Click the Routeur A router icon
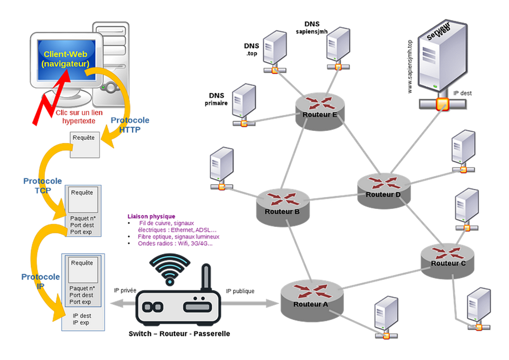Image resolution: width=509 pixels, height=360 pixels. [x=311, y=301]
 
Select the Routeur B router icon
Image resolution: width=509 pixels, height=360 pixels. [x=282, y=208]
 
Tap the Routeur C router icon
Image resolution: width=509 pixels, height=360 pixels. [x=447, y=261]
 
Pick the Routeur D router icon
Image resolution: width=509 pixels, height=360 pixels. [x=384, y=191]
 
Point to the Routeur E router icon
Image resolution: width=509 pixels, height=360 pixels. [x=319, y=112]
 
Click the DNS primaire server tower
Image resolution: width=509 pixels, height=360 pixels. [x=244, y=104]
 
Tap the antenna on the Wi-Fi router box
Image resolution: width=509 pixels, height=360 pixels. [x=206, y=277]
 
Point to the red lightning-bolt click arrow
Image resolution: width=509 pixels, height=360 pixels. [x=51, y=97]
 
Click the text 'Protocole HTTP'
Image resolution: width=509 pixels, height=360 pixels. [x=130, y=125]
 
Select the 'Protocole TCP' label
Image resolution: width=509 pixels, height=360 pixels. [x=42, y=186]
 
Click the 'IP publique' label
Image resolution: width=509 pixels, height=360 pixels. [x=240, y=291]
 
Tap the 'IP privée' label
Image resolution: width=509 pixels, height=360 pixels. [x=125, y=290]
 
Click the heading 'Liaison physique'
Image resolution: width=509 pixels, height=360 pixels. [x=151, y=217]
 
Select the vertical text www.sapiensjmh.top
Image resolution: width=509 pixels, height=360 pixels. [x=410, y=67]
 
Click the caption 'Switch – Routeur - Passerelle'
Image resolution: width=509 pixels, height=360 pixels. [x=179, y=334]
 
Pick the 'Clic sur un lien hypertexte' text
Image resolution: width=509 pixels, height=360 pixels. [x=79, y=117]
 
